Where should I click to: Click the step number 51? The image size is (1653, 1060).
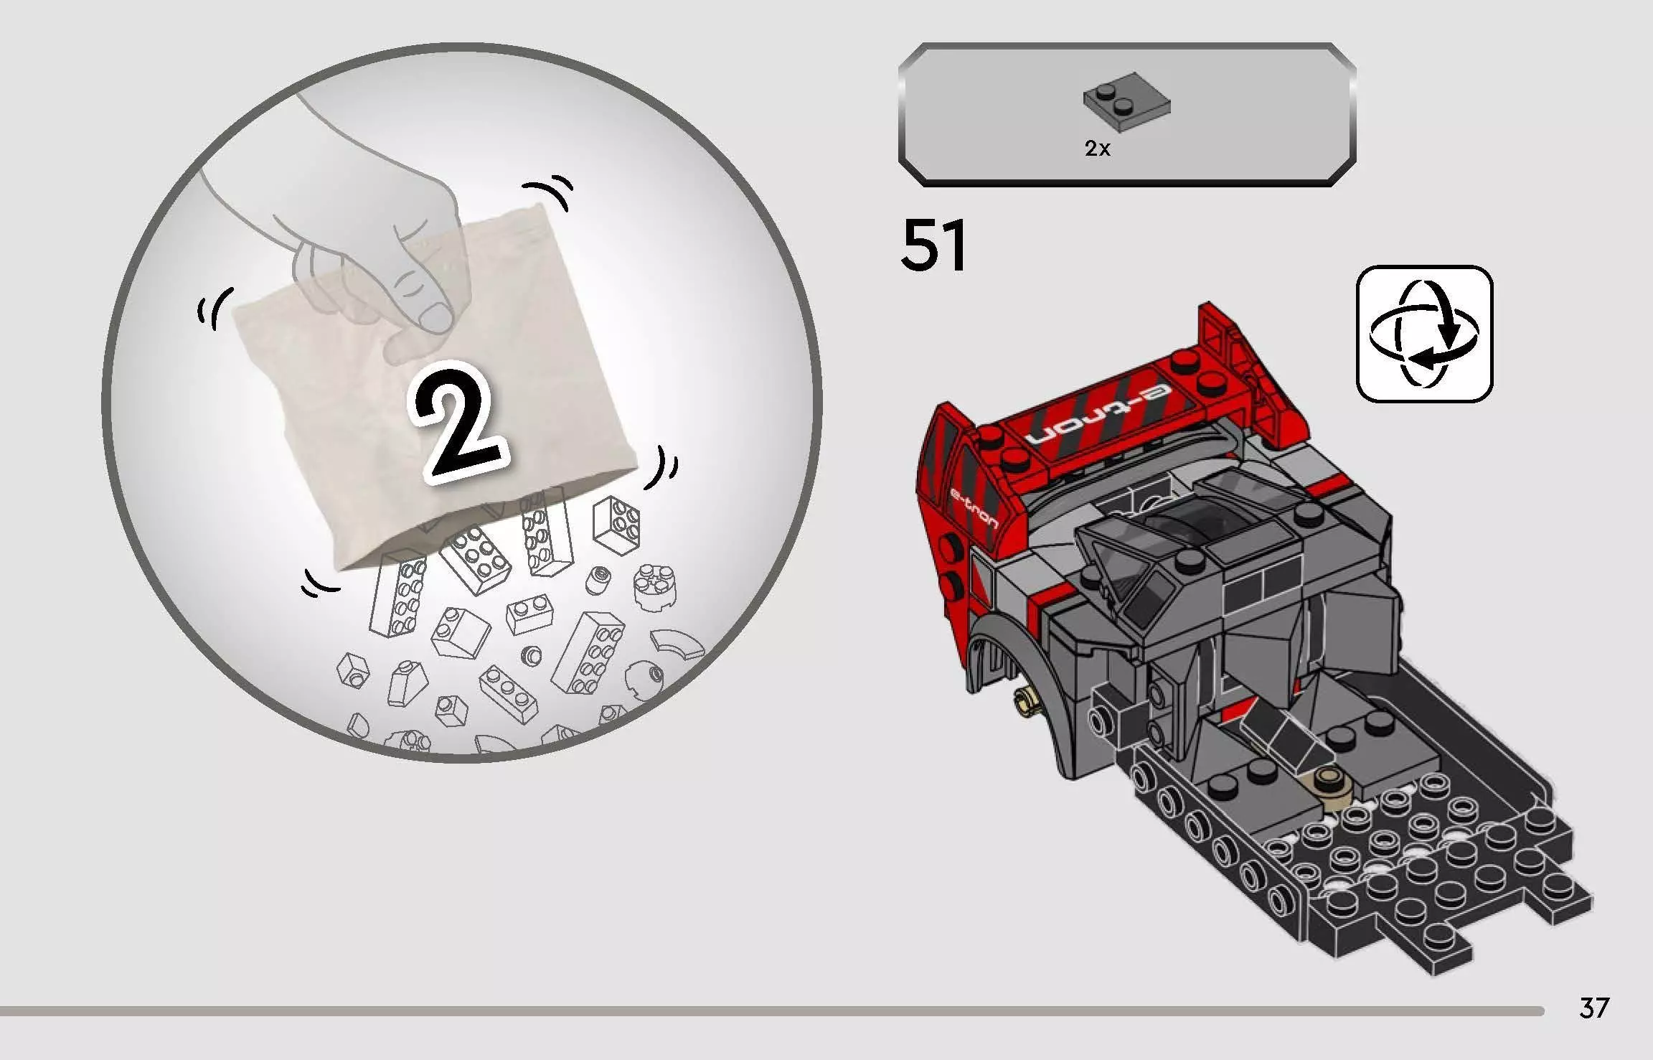[x=933, y=246]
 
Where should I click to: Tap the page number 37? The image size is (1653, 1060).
[x=1593, y=1008]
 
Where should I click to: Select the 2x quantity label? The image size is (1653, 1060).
[x=1097, y=149]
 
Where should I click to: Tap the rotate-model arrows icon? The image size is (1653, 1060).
[x=1424, y=334]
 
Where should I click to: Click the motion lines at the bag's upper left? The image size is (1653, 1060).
[x=215, y=309]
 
